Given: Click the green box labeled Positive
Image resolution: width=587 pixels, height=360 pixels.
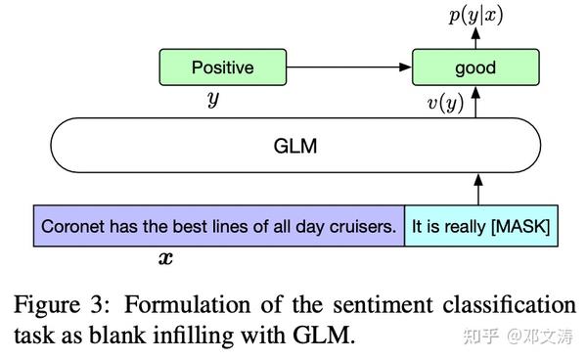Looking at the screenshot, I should point(222,68).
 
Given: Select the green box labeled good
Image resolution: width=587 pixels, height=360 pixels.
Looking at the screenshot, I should point(475,68).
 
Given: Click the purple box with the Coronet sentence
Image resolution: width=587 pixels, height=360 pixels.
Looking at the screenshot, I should point(219,226).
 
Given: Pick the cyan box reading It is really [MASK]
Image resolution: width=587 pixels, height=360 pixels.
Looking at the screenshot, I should point(481,226).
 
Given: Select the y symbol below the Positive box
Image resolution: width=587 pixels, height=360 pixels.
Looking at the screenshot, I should point(211,101).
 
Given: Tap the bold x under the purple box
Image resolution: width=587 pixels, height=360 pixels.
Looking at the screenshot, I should point(165,259).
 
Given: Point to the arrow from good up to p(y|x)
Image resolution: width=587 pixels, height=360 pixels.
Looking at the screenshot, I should point(475,40).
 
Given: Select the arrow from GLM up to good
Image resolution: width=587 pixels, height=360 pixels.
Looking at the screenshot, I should point(475,103).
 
